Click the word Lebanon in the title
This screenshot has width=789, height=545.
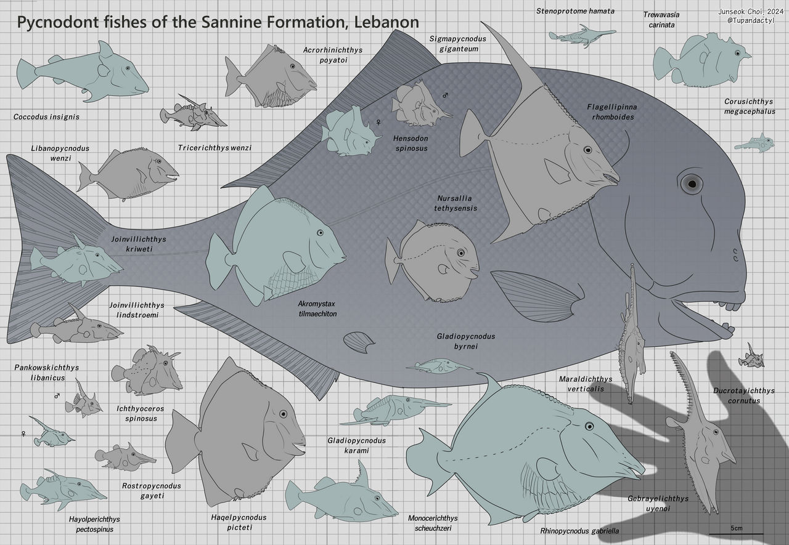pyautogui.click(x=386, y=22)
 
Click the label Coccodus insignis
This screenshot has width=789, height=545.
pyautogui.click(x=46, y=117)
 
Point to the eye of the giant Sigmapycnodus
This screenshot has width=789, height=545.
pyautogui.click(x=692, y=184)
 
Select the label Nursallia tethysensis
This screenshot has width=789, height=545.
pyautogui.click(x=456, y=203)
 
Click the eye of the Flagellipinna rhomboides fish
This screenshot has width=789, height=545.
pyautogui.click(x=587, y=150)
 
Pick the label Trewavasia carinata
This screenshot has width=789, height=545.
pyautogui.click(x=661, y=20)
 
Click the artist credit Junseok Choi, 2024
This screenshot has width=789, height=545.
pyautogui.click(x=751, y=12)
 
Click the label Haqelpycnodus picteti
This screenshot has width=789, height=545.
pyautogui.click(x=239, y=522)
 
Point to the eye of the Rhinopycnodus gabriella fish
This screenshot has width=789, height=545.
pyautogui.click(x=589, y=426)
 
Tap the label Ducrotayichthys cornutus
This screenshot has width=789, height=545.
pyautogui.click(x=744, y=395)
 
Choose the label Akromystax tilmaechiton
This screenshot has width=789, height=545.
pyautogui.click(x=317, y=309)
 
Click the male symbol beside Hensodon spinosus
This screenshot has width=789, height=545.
pyautogui.click(x=445, y=95)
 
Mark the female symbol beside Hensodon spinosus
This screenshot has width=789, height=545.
pyautogui.click(x=378, y=122)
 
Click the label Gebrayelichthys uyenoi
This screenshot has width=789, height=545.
pyautogui.click(x=658, y=503)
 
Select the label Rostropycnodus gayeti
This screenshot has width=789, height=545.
pyautogui.click(x=152, y=490)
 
